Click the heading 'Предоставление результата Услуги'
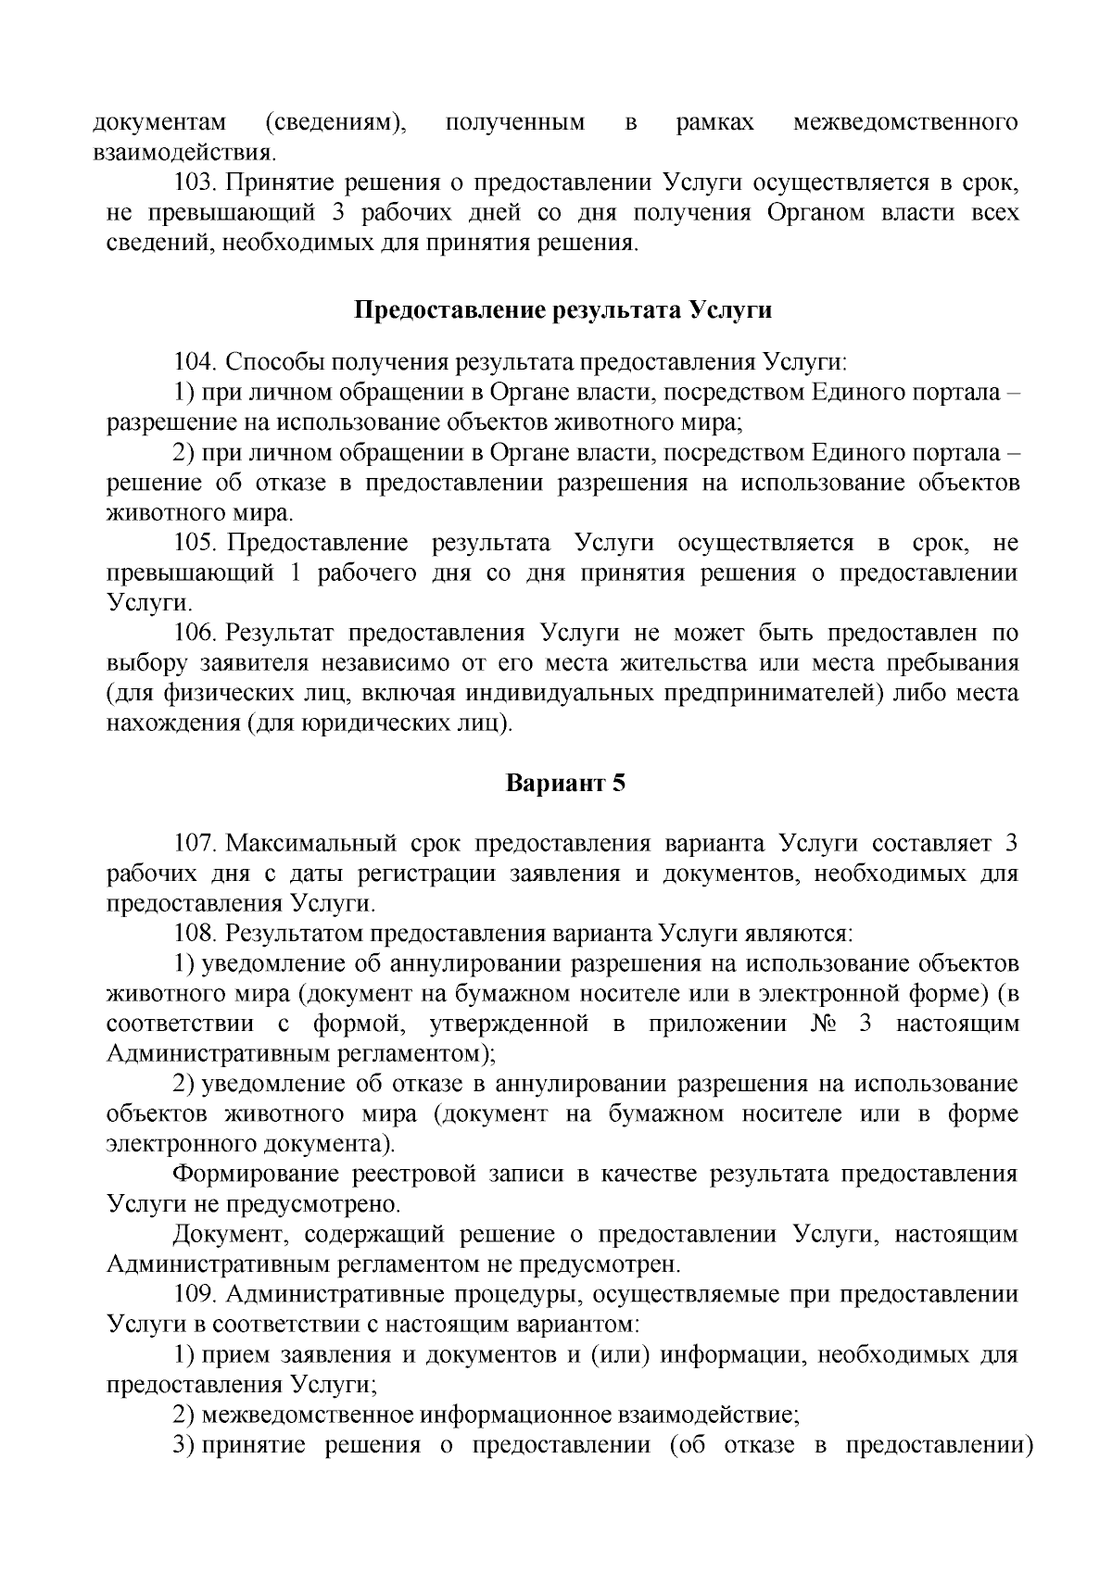pos(563,309)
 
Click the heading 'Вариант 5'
pos(565,783)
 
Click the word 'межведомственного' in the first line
pos(906,122)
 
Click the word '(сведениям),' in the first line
pos(335,122)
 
